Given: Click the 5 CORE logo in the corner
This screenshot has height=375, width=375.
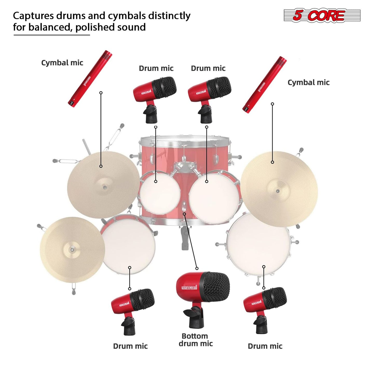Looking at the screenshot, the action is click(x=322, y=15).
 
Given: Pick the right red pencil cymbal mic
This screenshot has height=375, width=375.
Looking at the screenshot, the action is click(x=265, y=84).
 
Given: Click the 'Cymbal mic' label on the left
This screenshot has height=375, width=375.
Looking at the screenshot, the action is click(x=62, y=63).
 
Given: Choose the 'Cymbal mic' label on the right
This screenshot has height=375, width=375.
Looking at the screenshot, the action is click(x=309, y=83).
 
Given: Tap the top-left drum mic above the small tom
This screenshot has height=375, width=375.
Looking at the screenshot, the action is click(x=155, y=100).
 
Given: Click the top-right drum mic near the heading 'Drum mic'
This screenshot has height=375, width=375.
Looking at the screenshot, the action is click(x=210, y=100).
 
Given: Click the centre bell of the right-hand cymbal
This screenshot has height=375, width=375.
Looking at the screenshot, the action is click(x=278, y=191).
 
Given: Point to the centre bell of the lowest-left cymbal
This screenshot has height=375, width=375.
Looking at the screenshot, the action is click(x=72, y=249).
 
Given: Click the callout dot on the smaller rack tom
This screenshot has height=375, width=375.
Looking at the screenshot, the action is click(x=156, y=181).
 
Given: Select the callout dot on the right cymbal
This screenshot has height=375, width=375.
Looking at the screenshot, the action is click(x=272, y=162).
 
